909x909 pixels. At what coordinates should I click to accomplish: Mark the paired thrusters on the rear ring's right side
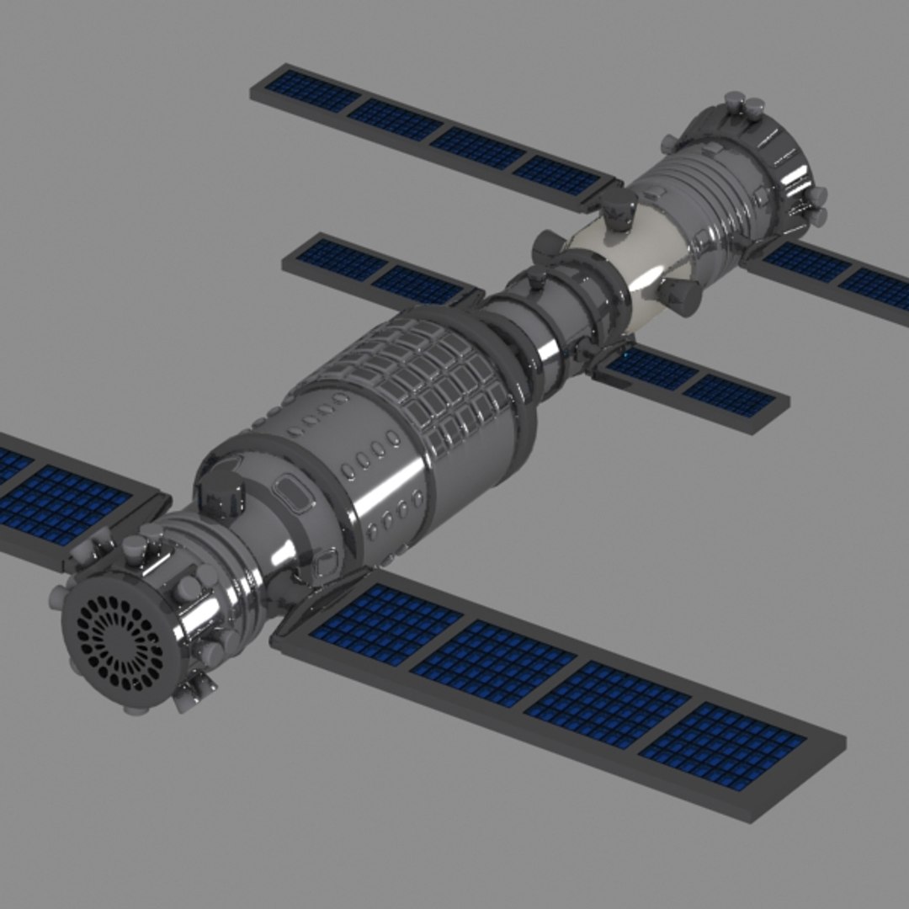coord(813,206)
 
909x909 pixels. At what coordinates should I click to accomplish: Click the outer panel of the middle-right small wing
coord(729,396)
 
